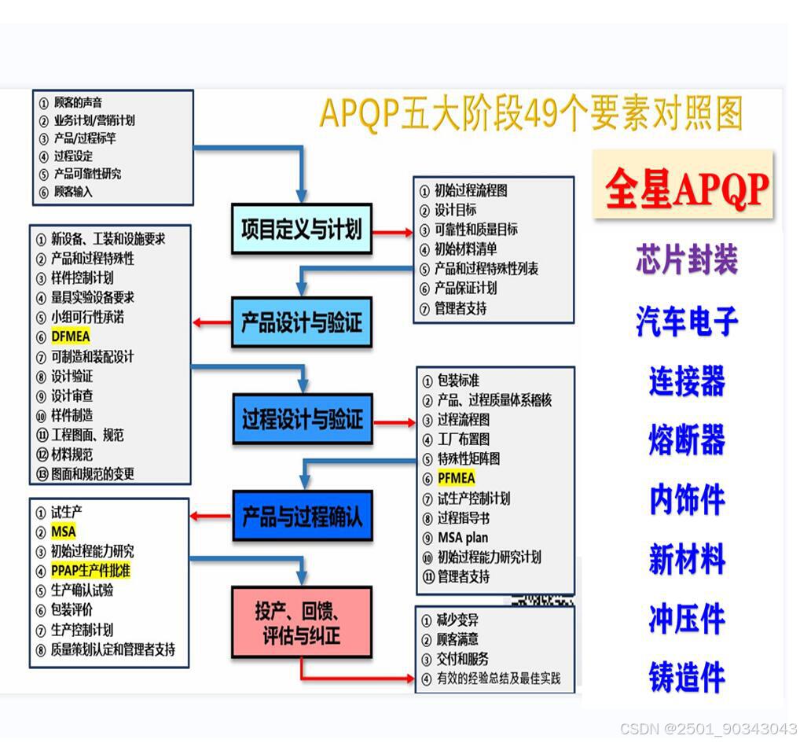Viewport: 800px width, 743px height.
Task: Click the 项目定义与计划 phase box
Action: click(302, 229)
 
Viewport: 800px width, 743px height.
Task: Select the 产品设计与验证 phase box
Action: click(302, 322)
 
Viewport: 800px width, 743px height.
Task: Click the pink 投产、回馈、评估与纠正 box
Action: click(302, 623)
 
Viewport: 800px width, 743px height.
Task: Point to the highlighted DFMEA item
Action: click(71, 337)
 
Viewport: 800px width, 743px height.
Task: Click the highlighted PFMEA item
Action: click(457, 478)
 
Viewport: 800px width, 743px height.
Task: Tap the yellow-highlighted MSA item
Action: click(64, 532)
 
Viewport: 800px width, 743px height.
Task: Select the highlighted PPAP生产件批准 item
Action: click(91, 570)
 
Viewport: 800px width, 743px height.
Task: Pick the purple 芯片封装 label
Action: click(686, 260)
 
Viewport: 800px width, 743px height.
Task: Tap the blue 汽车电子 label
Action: click(686, 321)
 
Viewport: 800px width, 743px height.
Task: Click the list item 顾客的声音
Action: click(78, 103)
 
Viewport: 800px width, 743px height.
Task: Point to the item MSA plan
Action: click(463, 538)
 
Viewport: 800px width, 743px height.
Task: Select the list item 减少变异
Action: click(458, 620)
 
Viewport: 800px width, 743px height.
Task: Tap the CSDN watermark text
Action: click(707, 729)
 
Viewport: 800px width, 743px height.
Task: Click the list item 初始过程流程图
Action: click(471, 190)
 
